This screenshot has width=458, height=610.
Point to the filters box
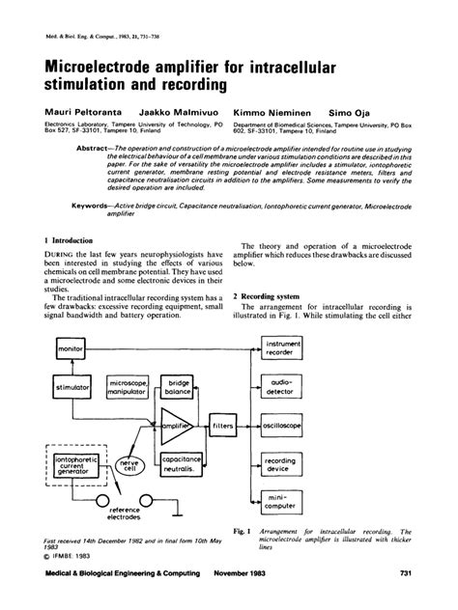pos(224,425)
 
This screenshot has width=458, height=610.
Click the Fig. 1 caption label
pos(243,531)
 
